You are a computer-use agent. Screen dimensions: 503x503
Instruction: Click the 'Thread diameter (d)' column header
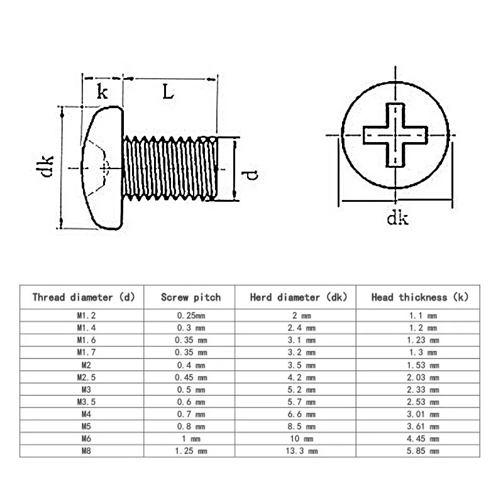(83, 297)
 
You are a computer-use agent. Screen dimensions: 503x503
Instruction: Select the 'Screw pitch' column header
(191, 297)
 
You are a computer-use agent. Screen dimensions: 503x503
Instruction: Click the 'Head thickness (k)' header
(420, 297)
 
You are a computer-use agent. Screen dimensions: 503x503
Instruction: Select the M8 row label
(83, 451)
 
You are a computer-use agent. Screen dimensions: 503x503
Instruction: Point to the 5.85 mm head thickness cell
(420, 451)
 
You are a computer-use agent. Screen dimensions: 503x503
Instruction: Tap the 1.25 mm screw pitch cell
(190, 451)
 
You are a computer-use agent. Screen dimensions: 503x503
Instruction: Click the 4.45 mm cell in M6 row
(420, 438)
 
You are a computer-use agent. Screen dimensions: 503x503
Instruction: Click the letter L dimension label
(168, 92)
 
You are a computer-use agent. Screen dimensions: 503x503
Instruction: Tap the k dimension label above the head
(102, 92)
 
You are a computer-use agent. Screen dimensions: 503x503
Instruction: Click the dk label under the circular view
(397, 218)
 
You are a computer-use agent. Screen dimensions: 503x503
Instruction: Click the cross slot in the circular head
(395, 135)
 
